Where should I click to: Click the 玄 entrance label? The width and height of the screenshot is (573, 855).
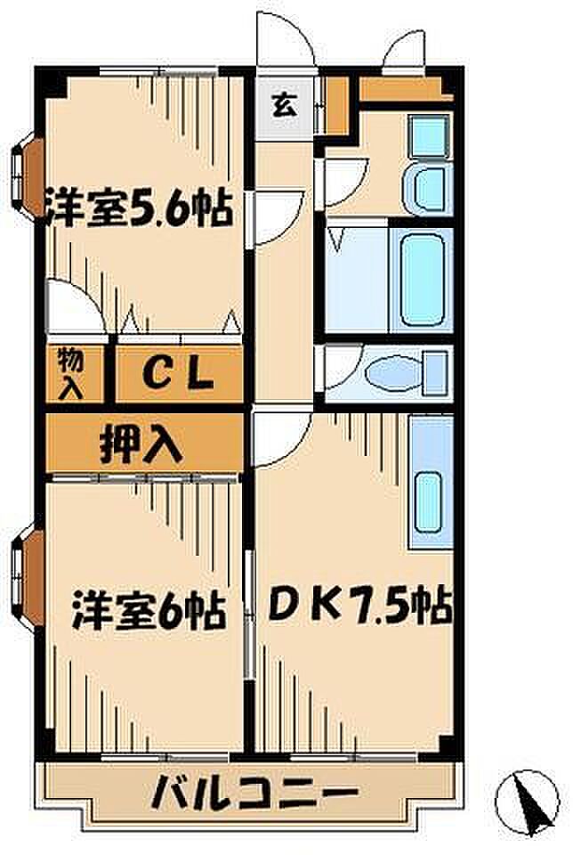click(285, 105)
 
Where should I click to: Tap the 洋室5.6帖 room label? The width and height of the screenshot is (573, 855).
click(139, 208)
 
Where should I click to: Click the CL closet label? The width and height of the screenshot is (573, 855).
click(178, 375)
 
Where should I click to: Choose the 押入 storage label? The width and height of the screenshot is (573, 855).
click(141, 443)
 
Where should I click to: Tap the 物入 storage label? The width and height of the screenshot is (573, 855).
click(72, 373)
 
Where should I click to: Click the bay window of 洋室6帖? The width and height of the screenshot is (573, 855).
click(28, 579)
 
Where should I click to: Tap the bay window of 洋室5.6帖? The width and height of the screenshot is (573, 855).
click(28, 177)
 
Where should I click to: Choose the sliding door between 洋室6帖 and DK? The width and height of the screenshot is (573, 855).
click(250, 614)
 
